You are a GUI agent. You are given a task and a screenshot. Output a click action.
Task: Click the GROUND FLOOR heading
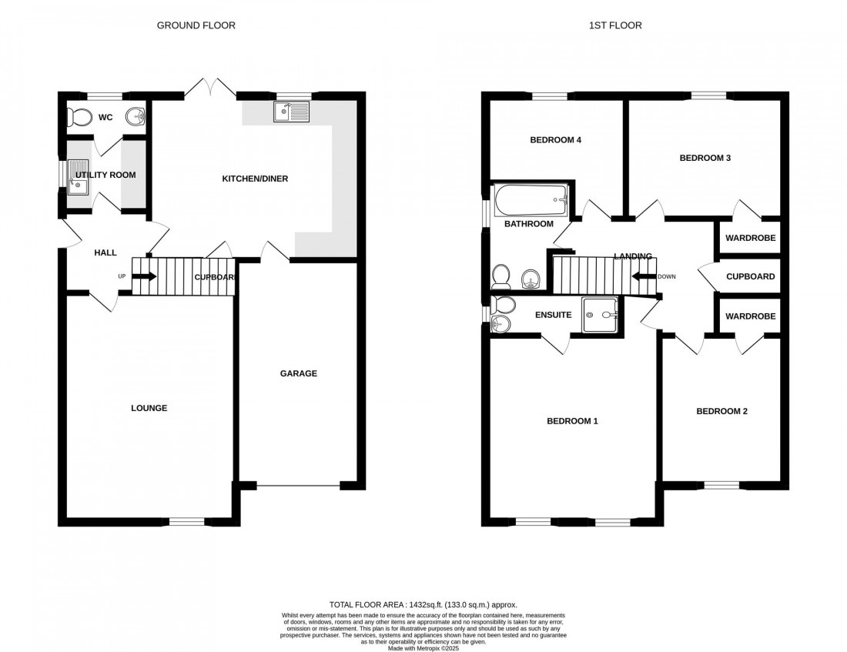click(196, 25)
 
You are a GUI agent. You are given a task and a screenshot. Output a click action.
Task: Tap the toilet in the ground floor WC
click(78, 117)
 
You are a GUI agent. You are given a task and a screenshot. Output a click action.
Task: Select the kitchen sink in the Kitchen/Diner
click(290, 112)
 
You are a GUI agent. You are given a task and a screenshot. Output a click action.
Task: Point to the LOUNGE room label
click(149, 408)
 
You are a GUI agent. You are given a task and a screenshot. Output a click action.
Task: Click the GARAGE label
click(298, 373)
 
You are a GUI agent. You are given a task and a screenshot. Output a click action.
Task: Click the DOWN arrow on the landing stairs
click(643, 276)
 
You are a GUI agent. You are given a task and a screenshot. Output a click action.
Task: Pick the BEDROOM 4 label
click(555, 140)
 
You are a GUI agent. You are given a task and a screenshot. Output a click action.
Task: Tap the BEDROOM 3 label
click(705, 158)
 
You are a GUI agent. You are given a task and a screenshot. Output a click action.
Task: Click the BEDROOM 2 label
click(721, 411)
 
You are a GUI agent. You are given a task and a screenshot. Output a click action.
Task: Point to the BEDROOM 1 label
click(572, 421)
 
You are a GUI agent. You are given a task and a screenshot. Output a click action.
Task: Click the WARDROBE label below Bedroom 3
click(750, 238)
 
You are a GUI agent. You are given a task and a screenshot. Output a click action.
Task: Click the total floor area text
click(423, 606)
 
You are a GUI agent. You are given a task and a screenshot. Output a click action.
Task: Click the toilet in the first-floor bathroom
click(500, 275)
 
